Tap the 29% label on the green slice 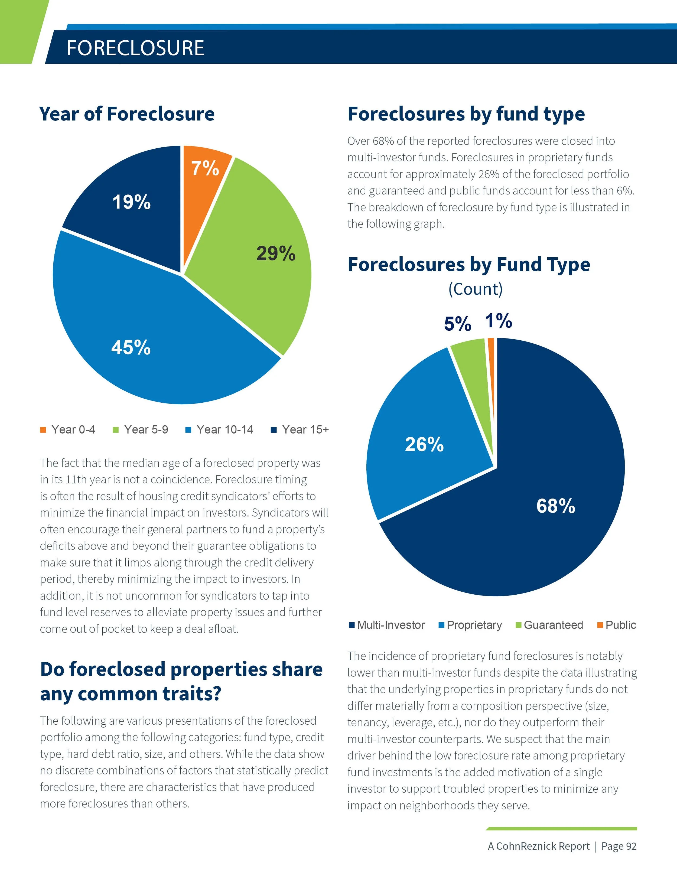[276, 253]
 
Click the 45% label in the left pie [131, 347]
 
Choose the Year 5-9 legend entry [141, 429]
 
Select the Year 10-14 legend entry [219, 429]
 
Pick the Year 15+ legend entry [300, 429]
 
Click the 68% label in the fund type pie [555, 506]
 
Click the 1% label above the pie [499, 321]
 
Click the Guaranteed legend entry [549, 625]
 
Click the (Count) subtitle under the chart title [475, 289]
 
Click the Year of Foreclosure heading [127, 114]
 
